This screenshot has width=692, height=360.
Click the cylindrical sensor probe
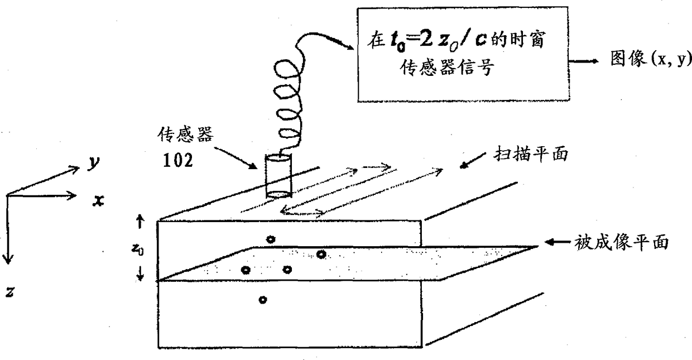(x=277, y=177)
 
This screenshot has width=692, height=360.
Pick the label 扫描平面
(x=530, y=155)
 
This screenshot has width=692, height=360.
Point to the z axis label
(x=9, y=291)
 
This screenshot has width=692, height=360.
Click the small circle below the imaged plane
(x=263, y=300)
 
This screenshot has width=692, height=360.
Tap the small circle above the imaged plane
(x=271, y=239)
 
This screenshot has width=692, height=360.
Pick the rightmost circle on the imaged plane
(x=321, y=255)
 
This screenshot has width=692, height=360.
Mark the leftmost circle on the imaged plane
(x=245, y=270)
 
